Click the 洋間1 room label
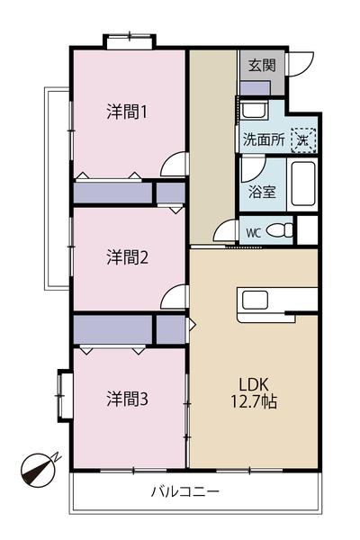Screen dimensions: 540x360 [x=127, y=112]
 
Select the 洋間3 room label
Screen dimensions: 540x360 [x=127, y=397]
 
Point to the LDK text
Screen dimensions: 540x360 [x=253, y=382]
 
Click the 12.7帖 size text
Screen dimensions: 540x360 [x=253, y=402]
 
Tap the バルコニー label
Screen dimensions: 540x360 [x=185, y=492]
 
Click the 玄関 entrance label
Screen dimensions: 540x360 [x=262, y=65]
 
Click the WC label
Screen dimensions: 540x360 [x=254, y=231]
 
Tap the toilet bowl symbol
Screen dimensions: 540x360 [x=280, y=230]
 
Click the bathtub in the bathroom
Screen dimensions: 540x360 [x=303, y=184]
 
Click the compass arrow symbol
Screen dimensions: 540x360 [x=38, y=469]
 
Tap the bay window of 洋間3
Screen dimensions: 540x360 [x=62, y=395]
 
